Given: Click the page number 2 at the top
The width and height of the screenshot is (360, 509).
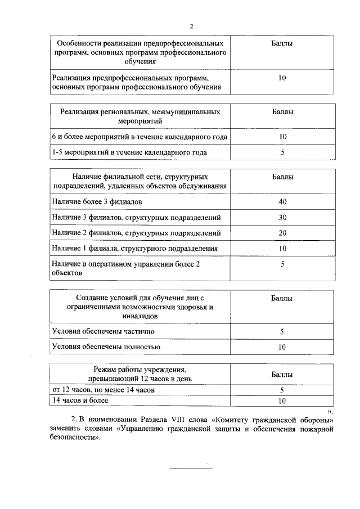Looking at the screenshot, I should [x=191, y=26].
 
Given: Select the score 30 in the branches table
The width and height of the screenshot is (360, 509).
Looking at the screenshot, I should [x=282, y=217].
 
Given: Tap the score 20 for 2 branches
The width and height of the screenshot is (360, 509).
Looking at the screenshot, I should [x=282, y=233].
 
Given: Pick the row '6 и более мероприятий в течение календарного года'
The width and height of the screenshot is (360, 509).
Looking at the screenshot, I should [x=139, y=137].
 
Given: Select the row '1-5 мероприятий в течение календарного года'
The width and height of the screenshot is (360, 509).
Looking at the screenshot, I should [x=121, y=152].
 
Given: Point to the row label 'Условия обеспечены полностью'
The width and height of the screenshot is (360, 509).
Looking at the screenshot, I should [x=106, y=347].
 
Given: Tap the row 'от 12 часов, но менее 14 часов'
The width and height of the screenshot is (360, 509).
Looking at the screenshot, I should [x=103, y=389].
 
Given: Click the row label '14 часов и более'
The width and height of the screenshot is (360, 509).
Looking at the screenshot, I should [x=80, y=400].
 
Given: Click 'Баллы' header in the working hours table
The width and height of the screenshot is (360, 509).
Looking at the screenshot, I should [x=282, y=374].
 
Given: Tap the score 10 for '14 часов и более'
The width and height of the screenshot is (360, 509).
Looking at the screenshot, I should [x=282, y=401].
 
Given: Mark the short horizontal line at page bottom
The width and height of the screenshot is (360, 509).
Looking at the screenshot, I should [x=188, y=469].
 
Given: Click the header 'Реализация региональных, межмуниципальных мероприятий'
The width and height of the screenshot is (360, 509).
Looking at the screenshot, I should [x=140, y=116].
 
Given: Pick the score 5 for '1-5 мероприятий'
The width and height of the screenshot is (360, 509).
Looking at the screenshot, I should [x=282, y=152].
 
